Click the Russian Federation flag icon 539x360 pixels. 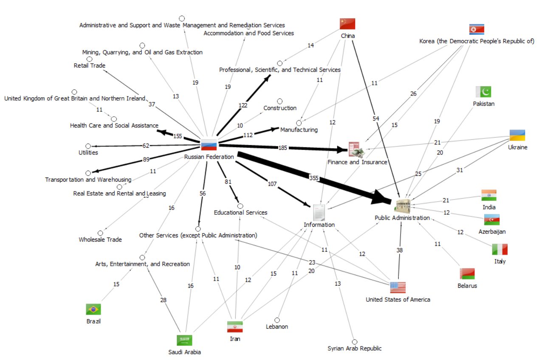coord(209,145)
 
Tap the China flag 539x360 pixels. coord(347,24)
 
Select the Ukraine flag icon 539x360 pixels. coord(517,135)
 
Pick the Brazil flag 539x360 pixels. coord(93,309)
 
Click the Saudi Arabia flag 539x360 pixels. coord(184,340)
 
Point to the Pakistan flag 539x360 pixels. coord(483,92)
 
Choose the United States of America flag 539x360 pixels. coord(398,287)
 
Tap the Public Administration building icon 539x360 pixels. coord(402,205)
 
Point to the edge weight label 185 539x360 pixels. coord(282,148)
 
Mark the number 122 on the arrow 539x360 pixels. coord(243,105)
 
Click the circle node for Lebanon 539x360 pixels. coord(277,320)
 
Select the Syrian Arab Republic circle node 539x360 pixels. coord(355,341)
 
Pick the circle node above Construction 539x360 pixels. coord(279,101)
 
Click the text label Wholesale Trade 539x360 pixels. coord(100,240)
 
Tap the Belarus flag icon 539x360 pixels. coord(467,273)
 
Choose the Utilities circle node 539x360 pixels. coord(88,146)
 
